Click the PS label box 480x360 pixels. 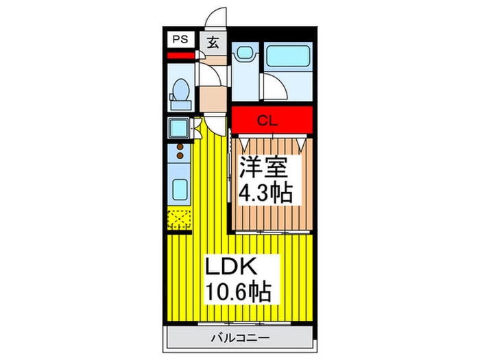(180, 40)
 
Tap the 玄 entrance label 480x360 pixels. (213, 43)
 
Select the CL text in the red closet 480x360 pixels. (267, 121)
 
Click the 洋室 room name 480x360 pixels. (263, 167)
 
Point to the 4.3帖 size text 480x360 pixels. (265, 193)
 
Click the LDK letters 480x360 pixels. (231, 266)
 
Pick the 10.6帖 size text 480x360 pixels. (238, 291)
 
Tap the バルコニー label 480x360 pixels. (241, 338)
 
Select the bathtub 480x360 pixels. (288, 56)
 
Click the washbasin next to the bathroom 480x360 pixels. (245, 52)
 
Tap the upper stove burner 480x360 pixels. (180, 147)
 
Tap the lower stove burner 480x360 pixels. (180, 156)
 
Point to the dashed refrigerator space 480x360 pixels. (179, 219)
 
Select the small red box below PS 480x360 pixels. (180, 56)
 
